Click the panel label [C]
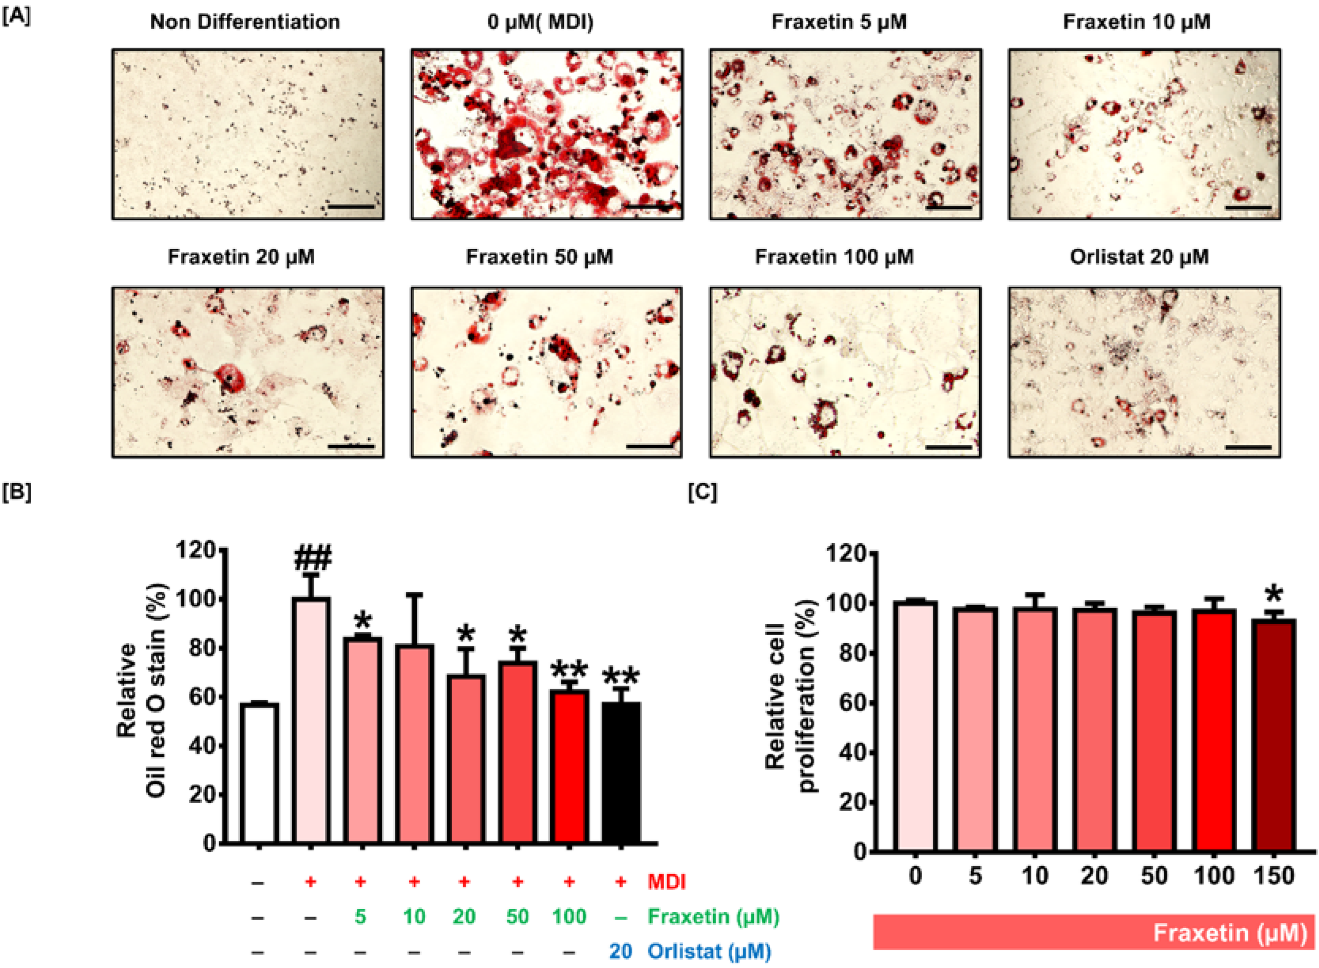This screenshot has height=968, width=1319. [x=702, y=492]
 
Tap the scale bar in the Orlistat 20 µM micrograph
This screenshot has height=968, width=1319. [x=1247, y=447]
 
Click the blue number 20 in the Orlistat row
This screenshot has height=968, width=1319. [x=621, y=951]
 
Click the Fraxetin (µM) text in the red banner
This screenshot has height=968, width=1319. [x=1229, y=933]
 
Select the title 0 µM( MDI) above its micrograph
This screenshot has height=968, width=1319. [x=540, y=22]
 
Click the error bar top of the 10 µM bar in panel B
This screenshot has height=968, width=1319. [x=414, y=595]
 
